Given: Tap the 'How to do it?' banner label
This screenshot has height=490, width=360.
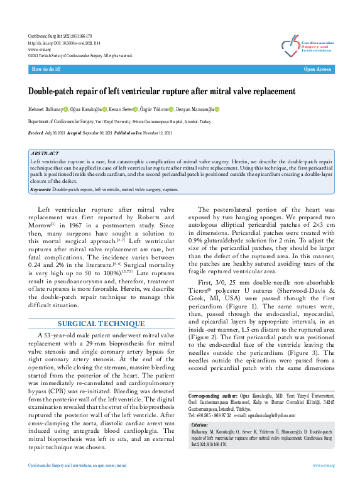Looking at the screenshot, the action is [46, 69].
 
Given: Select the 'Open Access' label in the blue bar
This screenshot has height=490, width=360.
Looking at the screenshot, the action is [317, 69].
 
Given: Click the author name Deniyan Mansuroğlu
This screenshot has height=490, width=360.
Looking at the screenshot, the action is [195, 109].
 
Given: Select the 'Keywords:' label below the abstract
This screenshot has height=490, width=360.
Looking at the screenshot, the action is [41, 189].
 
